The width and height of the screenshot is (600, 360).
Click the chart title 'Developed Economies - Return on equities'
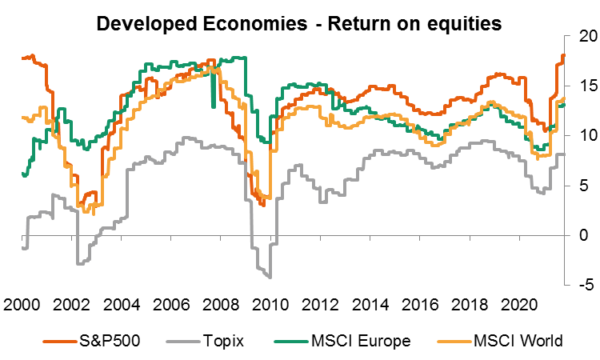[298, 23]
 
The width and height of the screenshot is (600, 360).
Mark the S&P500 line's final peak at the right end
[562, 55]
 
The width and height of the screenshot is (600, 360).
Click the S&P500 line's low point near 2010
[263, 205]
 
